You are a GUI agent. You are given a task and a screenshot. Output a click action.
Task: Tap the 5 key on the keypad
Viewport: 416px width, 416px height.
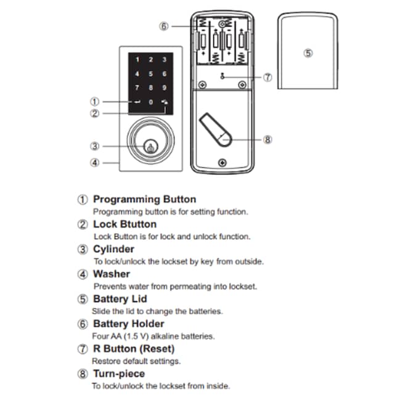tap(150, 73)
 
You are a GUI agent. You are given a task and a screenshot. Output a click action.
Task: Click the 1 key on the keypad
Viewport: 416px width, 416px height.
tap(137, 60)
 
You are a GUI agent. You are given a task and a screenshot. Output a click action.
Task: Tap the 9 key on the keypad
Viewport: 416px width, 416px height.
tap(164, 87)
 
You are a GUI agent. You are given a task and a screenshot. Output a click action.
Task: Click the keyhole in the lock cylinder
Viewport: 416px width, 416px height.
tap(150, 147)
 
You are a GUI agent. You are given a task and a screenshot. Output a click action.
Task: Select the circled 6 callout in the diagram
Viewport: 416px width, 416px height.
tap(163, 27)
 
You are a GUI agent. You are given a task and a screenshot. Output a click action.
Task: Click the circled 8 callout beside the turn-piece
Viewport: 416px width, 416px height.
tap(267, 139)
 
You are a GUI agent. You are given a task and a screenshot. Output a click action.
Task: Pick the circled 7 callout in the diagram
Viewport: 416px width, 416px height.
tap(267, 78)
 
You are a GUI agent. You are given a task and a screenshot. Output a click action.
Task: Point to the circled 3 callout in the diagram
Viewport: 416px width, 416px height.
tap(95, 147)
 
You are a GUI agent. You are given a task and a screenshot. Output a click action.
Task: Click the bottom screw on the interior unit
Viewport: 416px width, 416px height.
tap(221, 163)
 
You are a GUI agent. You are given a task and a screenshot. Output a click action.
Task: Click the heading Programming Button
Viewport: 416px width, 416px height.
tap(144, 200)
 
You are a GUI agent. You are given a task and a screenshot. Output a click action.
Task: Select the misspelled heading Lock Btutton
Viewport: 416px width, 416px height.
tap(124, 224)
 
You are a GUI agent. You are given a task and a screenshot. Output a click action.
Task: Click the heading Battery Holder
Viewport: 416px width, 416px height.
tap(128, 324)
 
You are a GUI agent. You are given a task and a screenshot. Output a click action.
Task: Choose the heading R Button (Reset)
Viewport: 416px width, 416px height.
tap(133, 349)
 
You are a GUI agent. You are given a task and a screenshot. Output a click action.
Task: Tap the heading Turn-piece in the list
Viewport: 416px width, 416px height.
tap(119, 373)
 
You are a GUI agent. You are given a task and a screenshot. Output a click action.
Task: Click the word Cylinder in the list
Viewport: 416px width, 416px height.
tap(113, 249)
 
